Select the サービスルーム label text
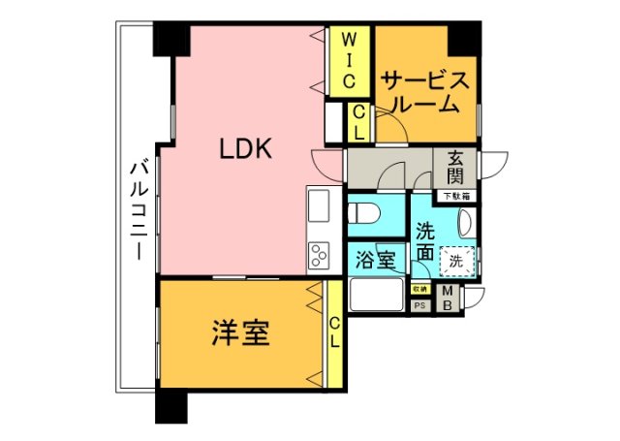coord(426,91)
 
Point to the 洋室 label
coord(240,334)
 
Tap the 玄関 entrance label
coord(455,170)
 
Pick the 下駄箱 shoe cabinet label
coord(455,197)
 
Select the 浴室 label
coord(375,259)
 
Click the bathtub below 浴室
coord(375,296)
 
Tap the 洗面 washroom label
coord(424,242)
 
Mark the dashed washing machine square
coord(456,261)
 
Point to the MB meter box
coord(450,298)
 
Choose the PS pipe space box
coord(420,304)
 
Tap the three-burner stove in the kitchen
coord(319,256)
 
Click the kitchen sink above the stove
coord(319,207)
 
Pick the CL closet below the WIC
coord(358,122)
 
